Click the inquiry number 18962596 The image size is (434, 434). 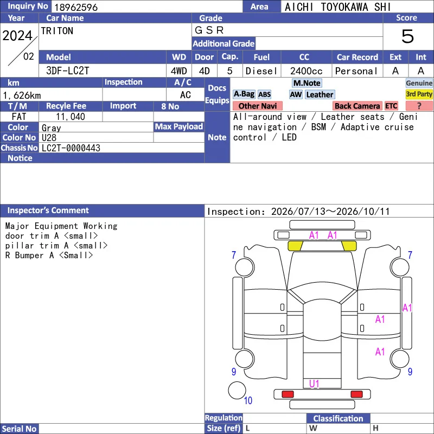click(76, 7)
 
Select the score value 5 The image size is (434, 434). click(407, 36)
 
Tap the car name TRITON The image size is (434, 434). click(57, 31)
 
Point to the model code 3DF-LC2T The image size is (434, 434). click(67, 71)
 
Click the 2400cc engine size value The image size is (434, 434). click(306, 71)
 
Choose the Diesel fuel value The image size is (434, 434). click(261, 71)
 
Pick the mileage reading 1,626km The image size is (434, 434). click(22, 95)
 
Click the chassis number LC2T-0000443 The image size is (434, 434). click(71, 148)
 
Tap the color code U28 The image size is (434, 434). click(49, 138)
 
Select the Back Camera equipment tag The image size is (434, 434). click(357, 106)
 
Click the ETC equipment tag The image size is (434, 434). click(391, 106)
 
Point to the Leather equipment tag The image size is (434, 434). click(320, 94)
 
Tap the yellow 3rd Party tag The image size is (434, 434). click(419, 94)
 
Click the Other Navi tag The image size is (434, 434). click(257, 106)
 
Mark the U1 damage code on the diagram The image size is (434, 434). click(314, 384)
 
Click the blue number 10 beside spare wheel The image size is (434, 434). click(248, 400)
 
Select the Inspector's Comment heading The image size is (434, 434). click(48, 210)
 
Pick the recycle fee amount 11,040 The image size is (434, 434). click(71, 117)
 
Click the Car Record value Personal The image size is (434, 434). click(356, 71)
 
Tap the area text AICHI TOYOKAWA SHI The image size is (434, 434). click(337, 7)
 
